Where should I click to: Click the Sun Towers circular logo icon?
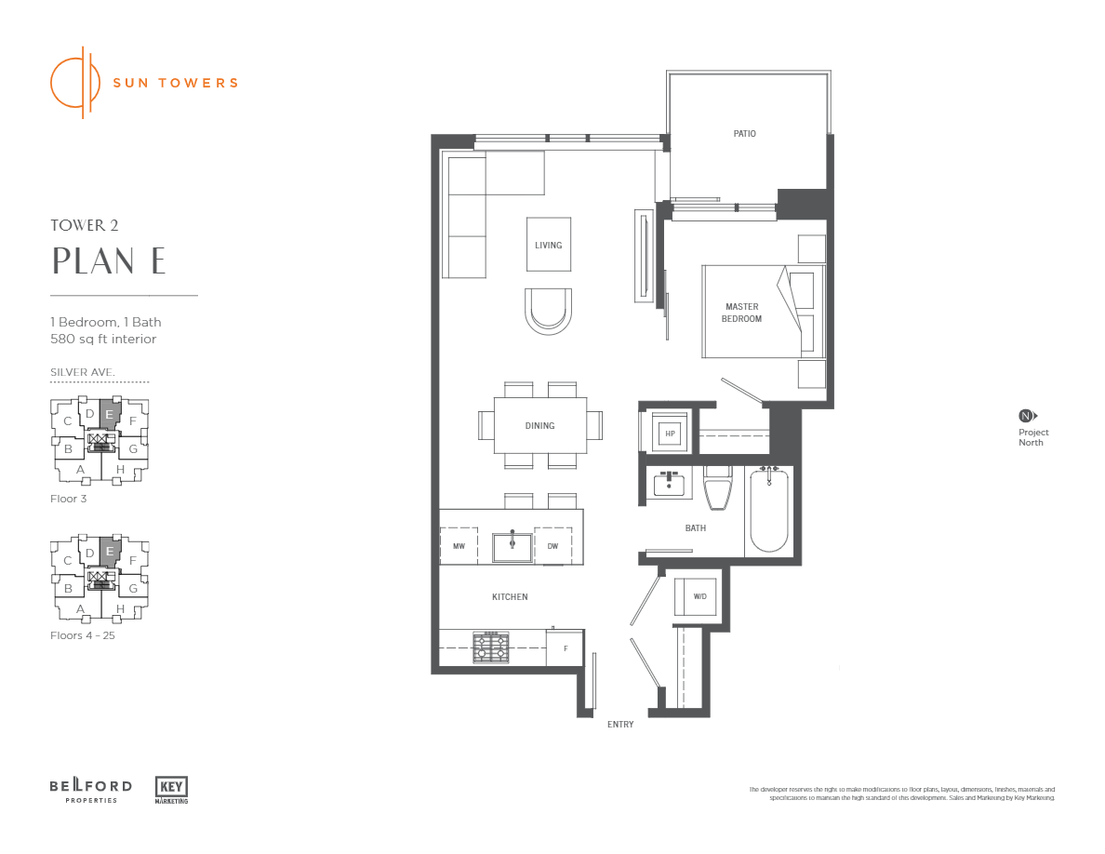(x=74, y=82)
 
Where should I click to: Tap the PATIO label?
(x=744, y=134)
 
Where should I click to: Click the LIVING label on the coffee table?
(x=548, y=246)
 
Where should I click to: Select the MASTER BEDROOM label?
(x=741, y=313)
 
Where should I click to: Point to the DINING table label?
(x=539, y=426)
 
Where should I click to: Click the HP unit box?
(x=668, y=433)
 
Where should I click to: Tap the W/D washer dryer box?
(x=699, y=596)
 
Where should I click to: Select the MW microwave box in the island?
(x=459, y=546)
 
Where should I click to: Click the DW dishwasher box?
(x=552, y=546)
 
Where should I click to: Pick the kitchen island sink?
(x=512, y=547)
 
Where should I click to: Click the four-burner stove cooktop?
(x=491, y=647)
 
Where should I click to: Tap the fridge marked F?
(x=564, y=648)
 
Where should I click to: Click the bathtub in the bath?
(x=769, y=512)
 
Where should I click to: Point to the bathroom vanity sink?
(x=667, y=485)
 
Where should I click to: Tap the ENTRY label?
(x=620, y=725)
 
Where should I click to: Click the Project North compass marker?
(x=1027, y=416)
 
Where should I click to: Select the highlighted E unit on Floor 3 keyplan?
(x=110, y=416)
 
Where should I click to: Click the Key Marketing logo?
(x=171, y=789)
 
